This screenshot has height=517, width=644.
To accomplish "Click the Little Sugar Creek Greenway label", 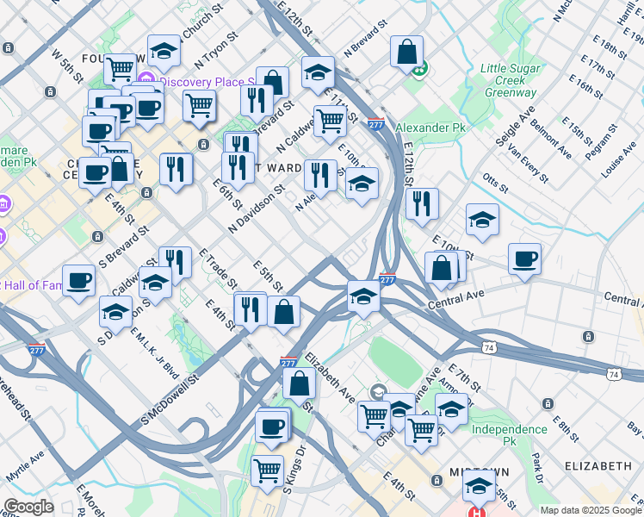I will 508,79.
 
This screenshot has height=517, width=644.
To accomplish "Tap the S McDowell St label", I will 170,400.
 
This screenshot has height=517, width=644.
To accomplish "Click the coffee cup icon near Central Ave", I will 524,258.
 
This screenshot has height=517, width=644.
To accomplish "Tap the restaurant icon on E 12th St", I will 422,204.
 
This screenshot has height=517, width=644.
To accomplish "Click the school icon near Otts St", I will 482,221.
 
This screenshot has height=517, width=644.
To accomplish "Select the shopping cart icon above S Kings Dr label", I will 268,471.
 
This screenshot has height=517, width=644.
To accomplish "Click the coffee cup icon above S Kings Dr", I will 272,427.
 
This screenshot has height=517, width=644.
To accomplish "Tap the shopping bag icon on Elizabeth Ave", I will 299,383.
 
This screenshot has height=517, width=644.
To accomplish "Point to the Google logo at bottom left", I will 28,507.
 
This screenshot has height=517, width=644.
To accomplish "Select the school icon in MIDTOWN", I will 479,487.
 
